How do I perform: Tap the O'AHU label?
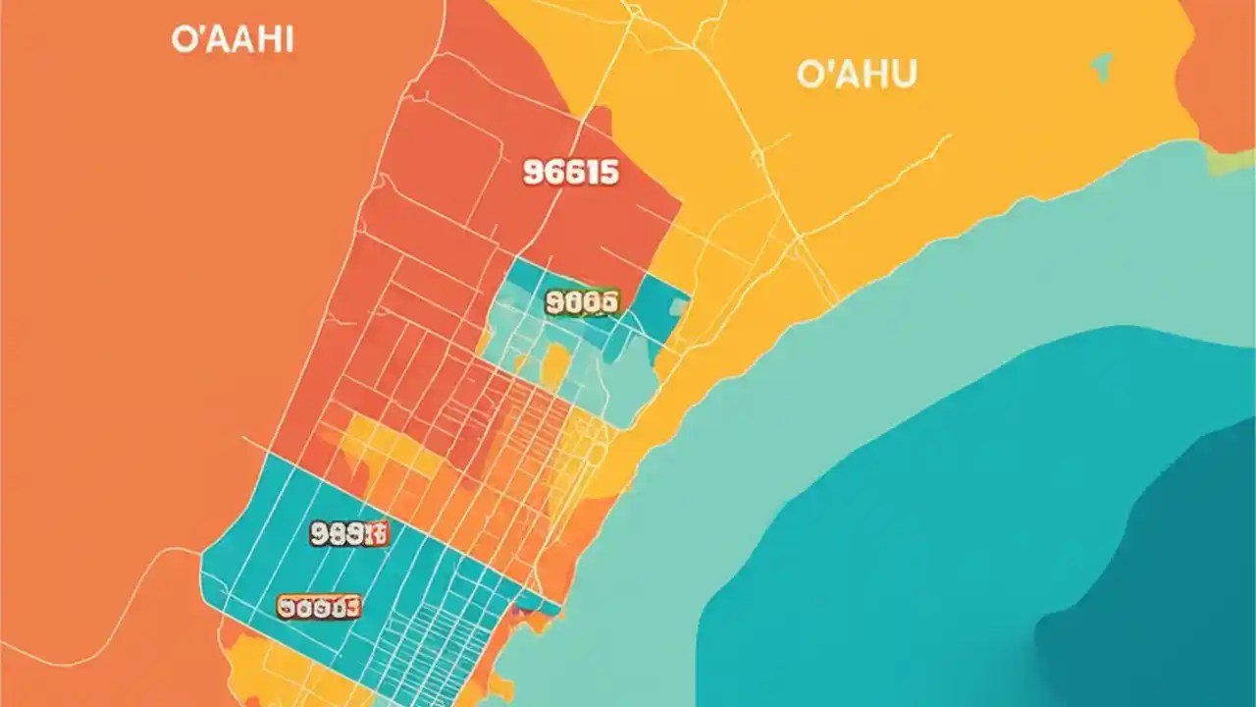click(x=857, y=75)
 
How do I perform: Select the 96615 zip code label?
click(x=571, y=173)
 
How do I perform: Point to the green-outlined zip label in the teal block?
click(x=581, y=301)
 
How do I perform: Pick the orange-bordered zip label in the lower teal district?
click(x=319, y=608)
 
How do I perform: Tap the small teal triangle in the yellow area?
click(x=1102, y=66)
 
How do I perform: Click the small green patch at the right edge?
click(x=1230, y=162)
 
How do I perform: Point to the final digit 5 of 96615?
click(x=609, y=173)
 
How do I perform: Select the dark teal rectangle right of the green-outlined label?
click(x=654, y=306)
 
